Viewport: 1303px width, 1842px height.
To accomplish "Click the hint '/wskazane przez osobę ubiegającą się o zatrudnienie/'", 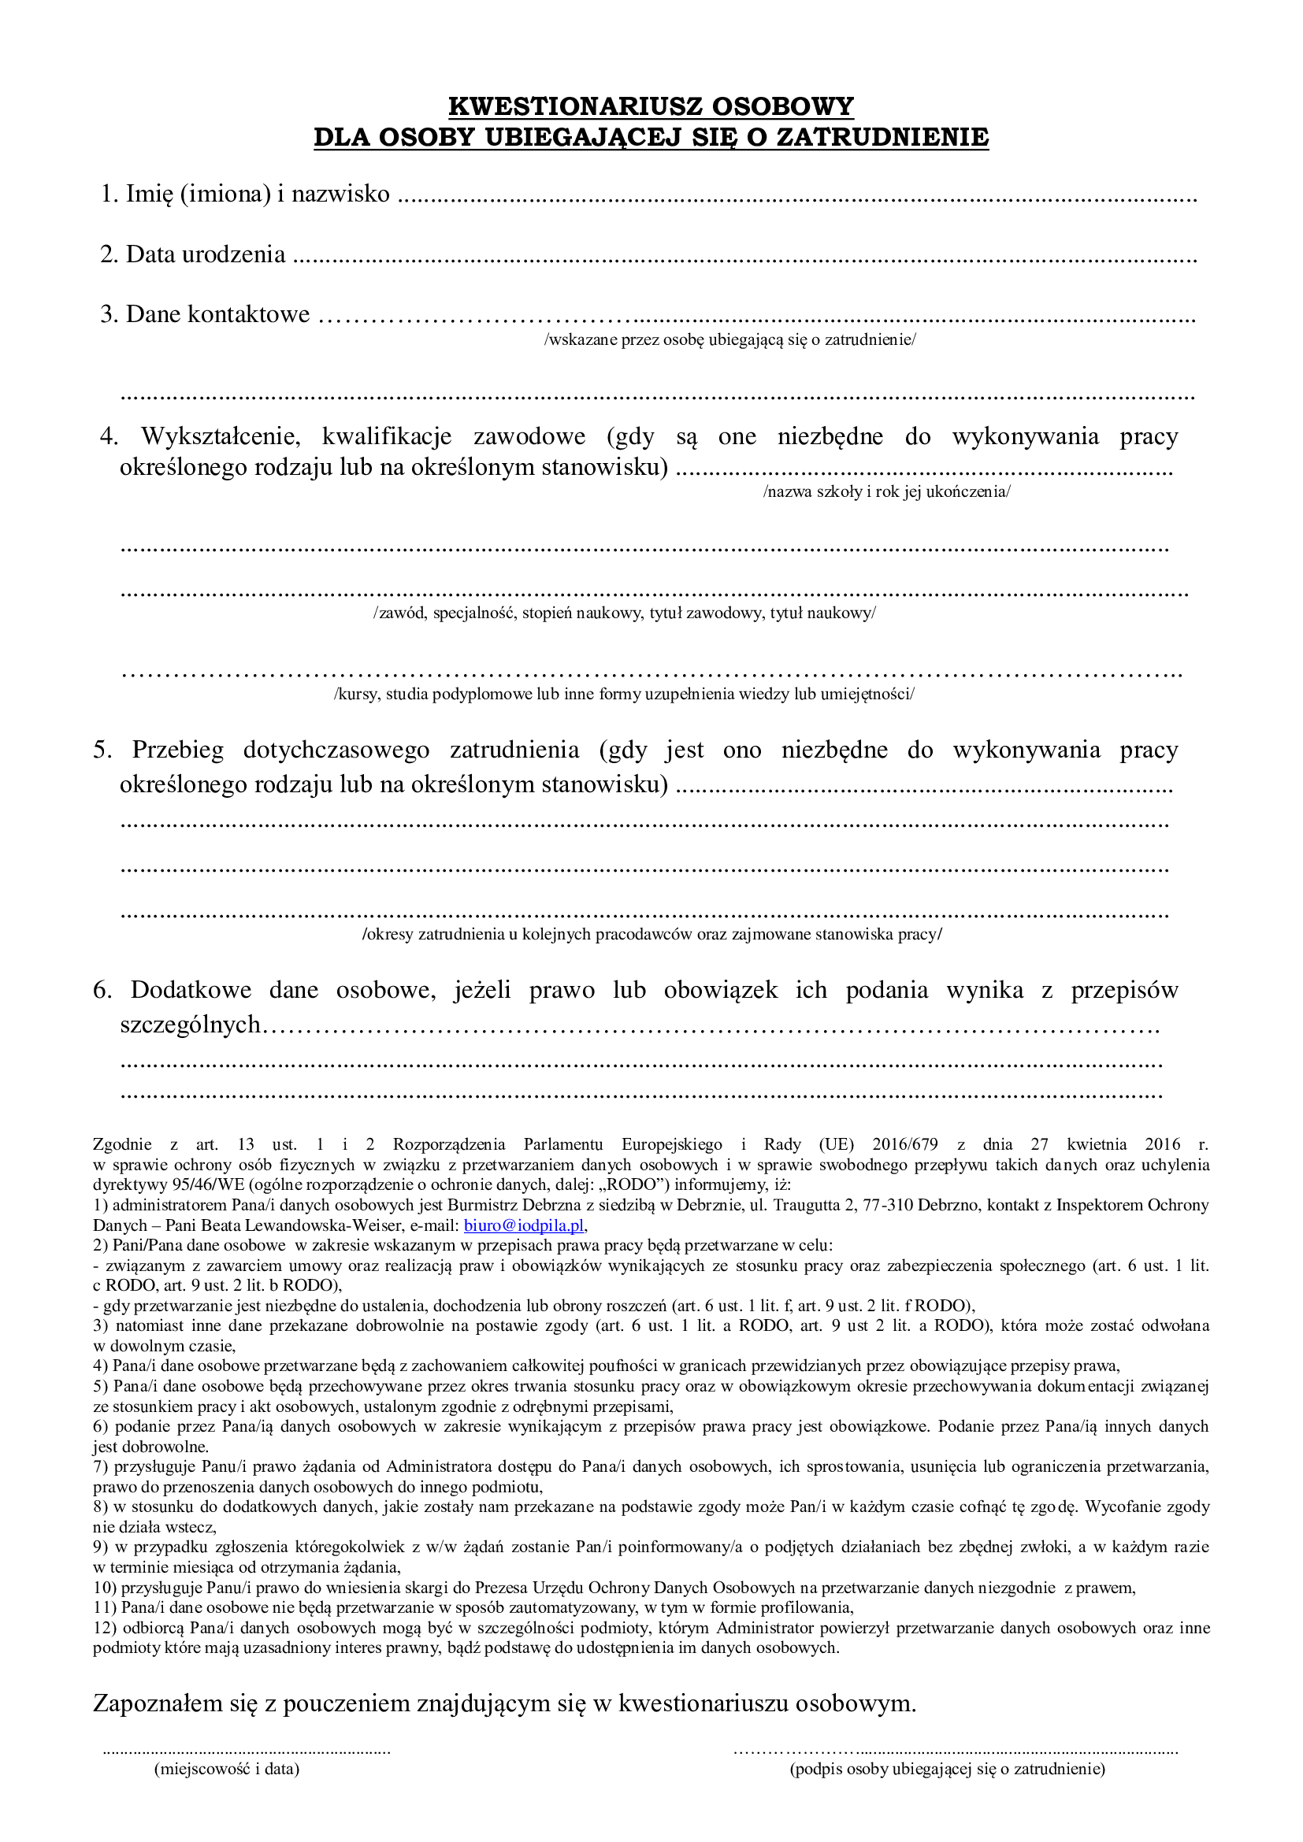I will click(x=730, y=339).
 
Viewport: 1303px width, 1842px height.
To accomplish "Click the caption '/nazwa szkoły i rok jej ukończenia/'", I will click(x=886, y=491).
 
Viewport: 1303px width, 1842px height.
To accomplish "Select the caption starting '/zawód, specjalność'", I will click(x=624, y=613).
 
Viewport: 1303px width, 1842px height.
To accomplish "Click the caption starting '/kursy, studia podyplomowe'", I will click(x=624, y=694).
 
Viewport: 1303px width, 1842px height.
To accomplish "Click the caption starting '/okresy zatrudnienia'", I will click(x=651, y=935).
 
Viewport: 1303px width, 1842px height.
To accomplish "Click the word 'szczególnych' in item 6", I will click(x=190, y=1025).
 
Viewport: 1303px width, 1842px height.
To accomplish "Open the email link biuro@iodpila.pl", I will click(x=524, y=1226).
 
